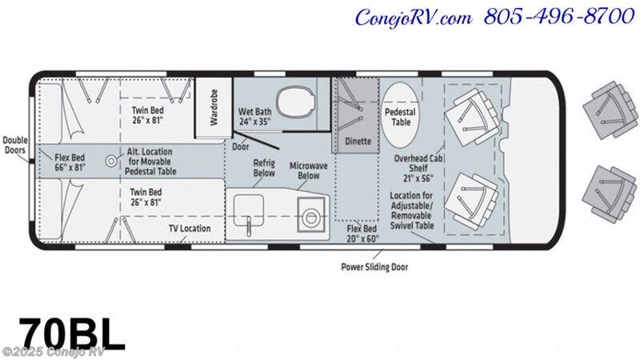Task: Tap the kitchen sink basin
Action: click(x=248, y=210)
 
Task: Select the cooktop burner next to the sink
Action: click(x=311, y=214)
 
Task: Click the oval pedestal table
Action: click(x=400, y=114)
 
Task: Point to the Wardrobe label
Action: click(x=214, y=107)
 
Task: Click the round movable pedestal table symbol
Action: click(x=111, y=161)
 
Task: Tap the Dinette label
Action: click(x=358, y=142)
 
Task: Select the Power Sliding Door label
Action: click(x=374, y=267)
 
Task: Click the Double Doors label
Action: click(x=15, y=145)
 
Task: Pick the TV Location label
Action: click(x=190, y=228)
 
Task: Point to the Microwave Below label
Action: click(x=309, y=170)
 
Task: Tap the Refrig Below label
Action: click(x=264, y=168)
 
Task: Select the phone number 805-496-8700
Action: click(x=559, y=17)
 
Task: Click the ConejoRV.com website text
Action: click(x=414, y=18)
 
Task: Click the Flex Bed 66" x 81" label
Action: click(x=70, y=162)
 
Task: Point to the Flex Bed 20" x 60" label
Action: click(x=362, y=234)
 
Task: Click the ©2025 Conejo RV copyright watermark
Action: click(x=54, y=351)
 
